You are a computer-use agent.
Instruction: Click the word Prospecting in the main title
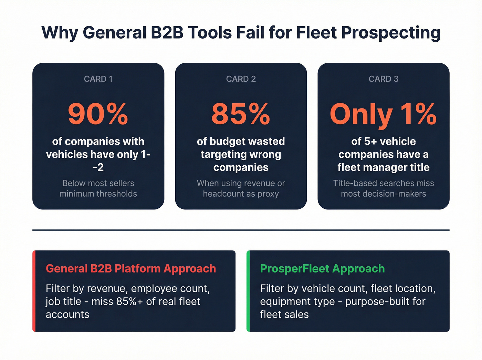pos(391,33)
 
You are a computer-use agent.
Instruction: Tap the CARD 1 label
pos(98,79)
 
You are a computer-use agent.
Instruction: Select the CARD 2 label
pos(241,79)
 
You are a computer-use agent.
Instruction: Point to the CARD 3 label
pos(384,79)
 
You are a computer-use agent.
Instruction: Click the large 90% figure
pos(98,114)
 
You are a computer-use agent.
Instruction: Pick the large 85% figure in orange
pos(241,114)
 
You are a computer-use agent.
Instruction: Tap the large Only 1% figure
pos(383,114)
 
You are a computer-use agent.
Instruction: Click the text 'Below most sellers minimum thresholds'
pos(98,188)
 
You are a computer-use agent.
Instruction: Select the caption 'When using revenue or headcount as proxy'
pos(241,188)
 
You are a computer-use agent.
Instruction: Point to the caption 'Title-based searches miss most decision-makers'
pos(384,188)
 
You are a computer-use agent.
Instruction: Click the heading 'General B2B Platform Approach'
pos(131,269)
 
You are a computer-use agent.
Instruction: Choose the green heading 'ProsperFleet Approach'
pos(322,269)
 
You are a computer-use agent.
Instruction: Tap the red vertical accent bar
pos(34,291)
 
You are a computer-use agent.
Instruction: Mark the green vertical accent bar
pos(248,291)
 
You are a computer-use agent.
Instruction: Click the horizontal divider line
pos(241,230)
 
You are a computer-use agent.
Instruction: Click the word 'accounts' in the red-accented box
pos(67,315)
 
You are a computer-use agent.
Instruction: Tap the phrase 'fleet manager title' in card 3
pos(384,167)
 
